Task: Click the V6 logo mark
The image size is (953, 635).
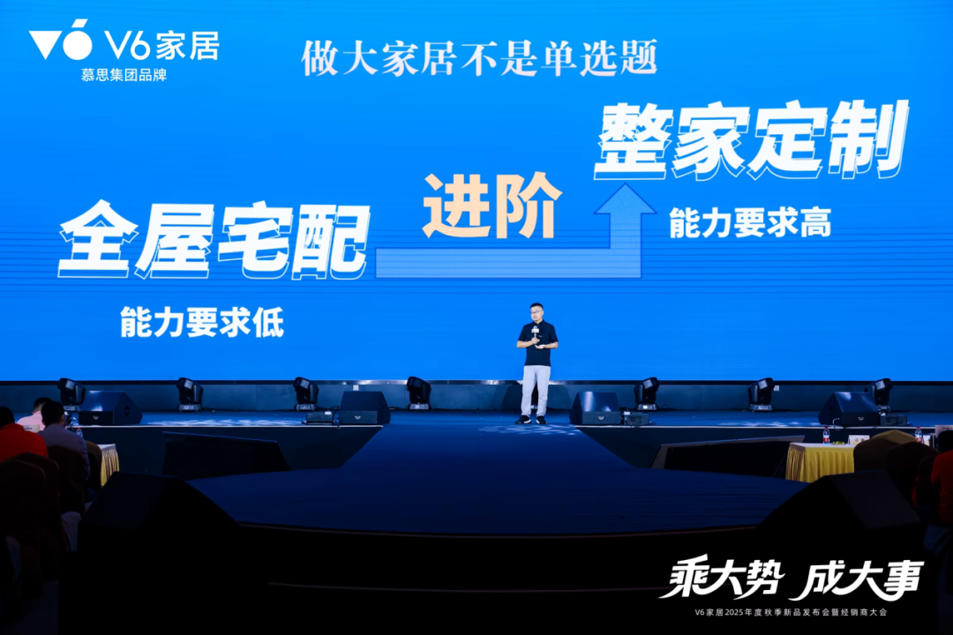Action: (61, 41)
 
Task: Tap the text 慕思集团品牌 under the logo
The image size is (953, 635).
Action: (123, 75)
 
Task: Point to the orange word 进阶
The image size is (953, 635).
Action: (492, 205)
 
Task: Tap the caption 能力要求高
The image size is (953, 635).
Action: (750, 225)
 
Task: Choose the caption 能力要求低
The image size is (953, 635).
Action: (202, 324)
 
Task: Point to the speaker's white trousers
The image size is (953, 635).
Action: (536, 388)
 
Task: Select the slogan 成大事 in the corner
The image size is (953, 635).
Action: (856, 579)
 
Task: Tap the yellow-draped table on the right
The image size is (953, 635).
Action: (820, 461)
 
